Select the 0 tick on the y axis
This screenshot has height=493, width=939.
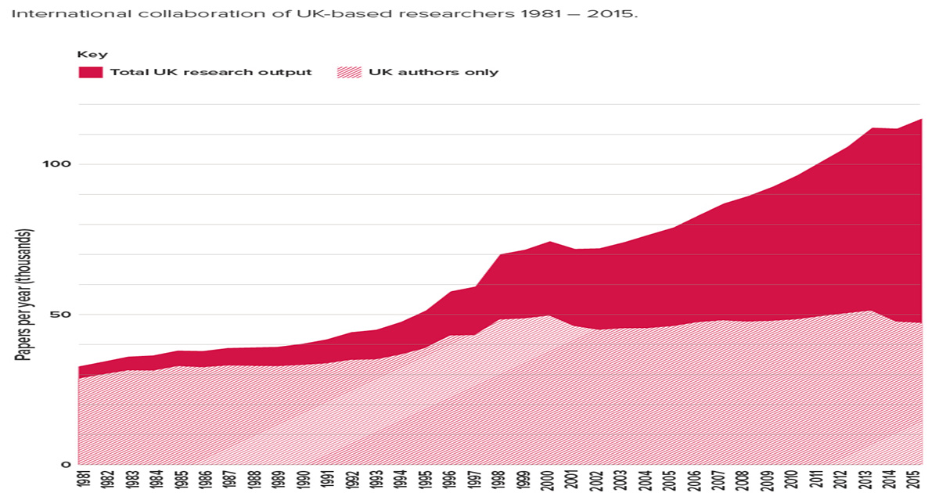tap(67, 465)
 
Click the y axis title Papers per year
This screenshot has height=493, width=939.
tap(23, 296)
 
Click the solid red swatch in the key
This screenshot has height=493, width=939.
tap(90, 72)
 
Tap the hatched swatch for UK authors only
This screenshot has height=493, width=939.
tap(349, 72)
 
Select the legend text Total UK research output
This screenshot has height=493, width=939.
tap(210, 72)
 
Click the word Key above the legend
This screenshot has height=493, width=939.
tap(92, 54)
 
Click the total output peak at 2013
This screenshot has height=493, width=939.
tap(871, 128)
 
